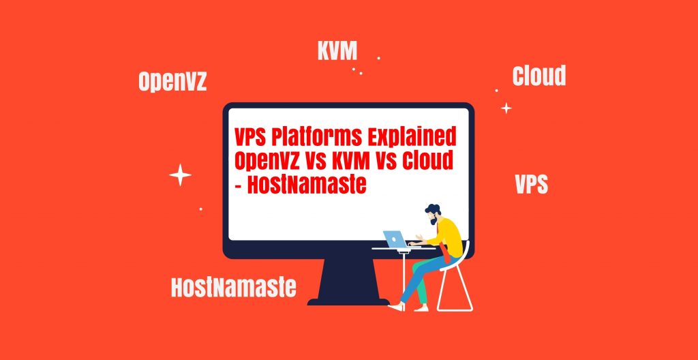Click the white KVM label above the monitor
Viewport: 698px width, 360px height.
pyautogui.click(x=337, y=50)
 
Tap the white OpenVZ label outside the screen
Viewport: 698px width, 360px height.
pyautogui.click(x=172, y=82)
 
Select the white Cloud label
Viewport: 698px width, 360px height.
pyautogui.click(x=539, y=75)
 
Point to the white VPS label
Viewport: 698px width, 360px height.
pyautogui.click(x=532, y=183)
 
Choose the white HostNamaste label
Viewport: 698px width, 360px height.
pyautogui.click(x=234, y=287)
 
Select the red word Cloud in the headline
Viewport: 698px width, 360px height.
pyautogui.click(x=427, y=161)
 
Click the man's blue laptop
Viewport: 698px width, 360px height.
pyautogui.click(x=395, y=239)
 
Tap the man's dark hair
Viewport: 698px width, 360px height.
pyautogui.click(x=433, y=209)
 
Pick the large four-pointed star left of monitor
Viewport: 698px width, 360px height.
pyautogui.click(x=180, y=175)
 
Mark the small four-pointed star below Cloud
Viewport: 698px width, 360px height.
pyautogui.click(x=506, y=108)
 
